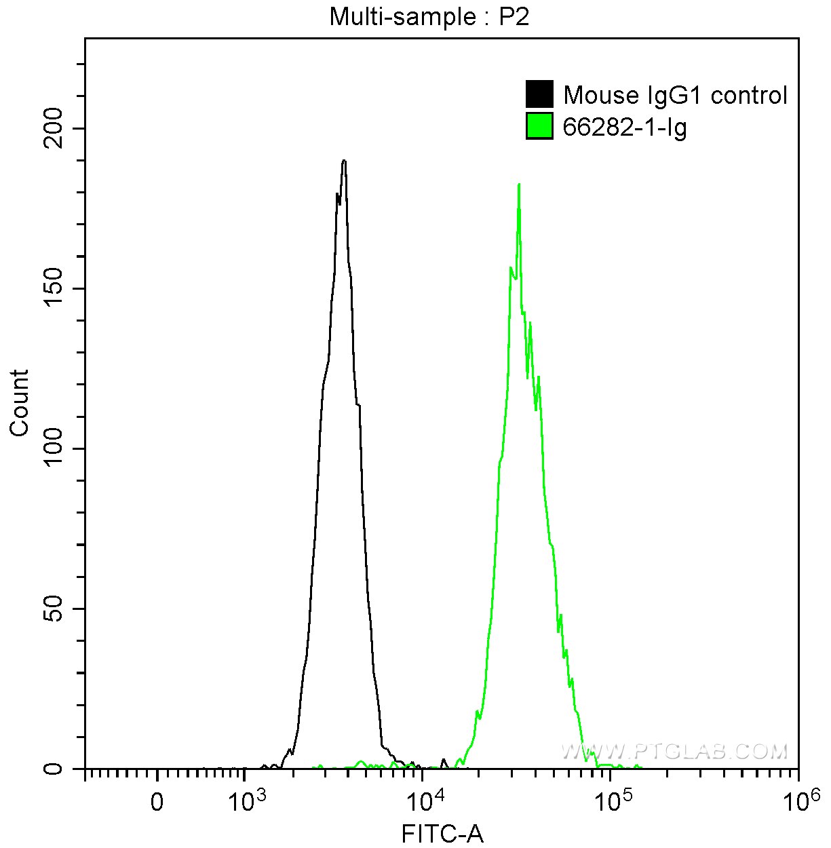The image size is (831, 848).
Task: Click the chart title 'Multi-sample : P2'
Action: pos(429,17)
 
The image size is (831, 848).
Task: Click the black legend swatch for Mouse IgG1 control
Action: pos(539,94)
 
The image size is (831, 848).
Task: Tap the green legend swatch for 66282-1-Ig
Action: pos(539,126)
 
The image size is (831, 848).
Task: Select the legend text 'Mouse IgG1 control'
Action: pos(675,96)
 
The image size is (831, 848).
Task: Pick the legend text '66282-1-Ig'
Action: pos(625,127)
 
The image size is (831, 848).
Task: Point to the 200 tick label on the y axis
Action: pos(56,129)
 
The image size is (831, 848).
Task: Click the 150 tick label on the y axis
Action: pos(56,289)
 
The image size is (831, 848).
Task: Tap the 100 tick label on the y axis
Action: pos(56,449)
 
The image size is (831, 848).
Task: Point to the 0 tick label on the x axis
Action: pos(157,802)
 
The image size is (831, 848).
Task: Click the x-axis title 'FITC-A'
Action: pos(442,834)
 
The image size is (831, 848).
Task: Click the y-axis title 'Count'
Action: pos(20,402)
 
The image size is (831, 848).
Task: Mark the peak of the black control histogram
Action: pos(345,161)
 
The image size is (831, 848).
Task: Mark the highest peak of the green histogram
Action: pos(519,184)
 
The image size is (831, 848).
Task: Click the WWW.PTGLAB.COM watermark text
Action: pos(674,751)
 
